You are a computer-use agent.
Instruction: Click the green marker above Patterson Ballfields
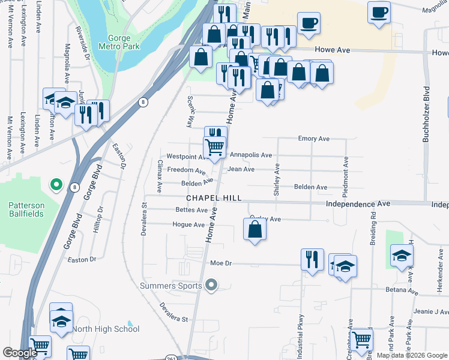point(55,184)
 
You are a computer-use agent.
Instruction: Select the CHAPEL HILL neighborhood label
point(214,198)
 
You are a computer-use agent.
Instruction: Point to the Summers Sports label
point(171,286)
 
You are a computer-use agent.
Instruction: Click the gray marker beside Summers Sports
point(211,286)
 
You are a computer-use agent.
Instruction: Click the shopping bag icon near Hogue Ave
point(255,229)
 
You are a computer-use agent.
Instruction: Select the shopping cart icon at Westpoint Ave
point(214,147)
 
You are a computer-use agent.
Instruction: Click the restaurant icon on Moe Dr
point(312,259)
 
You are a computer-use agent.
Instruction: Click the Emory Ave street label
point(314,139)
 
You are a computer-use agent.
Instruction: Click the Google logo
point(20,353)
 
